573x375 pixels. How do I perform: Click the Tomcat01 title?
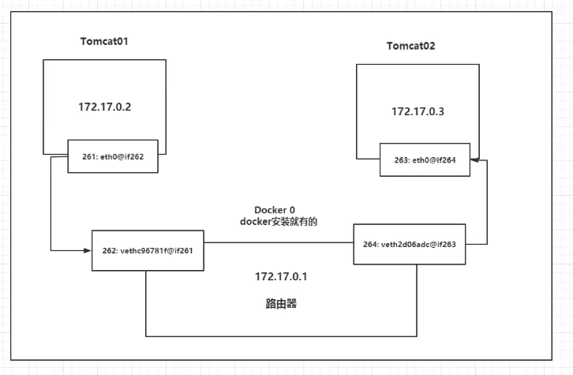105,40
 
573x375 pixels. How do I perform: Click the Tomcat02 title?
410,46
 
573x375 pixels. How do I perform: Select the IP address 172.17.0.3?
418,111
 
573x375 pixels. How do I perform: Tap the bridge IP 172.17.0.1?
280,277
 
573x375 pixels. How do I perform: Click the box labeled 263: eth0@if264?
425,159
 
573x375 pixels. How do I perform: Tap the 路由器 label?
280,303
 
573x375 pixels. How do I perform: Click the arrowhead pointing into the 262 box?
87,250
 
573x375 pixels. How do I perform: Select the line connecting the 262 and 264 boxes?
278,242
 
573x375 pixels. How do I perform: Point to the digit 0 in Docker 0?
292,209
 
